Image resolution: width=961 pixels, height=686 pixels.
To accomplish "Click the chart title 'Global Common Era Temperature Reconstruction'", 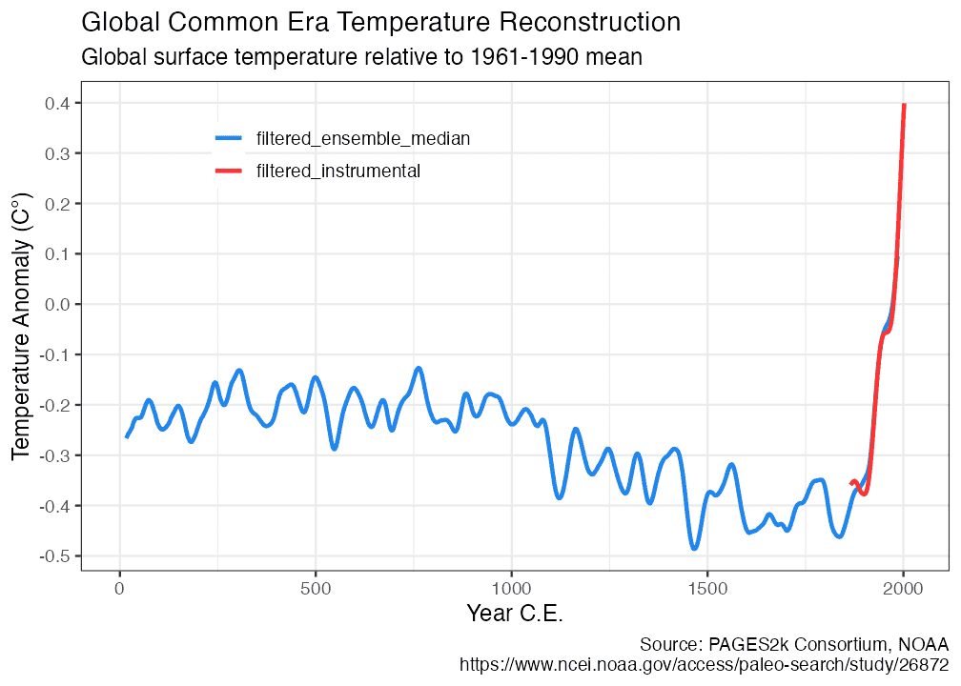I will click(381, 22).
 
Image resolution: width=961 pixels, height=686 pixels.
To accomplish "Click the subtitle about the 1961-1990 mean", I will click(362, 57).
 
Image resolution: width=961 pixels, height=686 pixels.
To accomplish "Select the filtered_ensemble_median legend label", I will click(363, 139).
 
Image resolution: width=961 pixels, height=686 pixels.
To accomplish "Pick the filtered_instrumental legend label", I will click(338, 171).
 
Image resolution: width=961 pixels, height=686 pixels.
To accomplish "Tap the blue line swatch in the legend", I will click(229, 139).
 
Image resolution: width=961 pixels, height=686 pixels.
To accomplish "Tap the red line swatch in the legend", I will click(229, 171).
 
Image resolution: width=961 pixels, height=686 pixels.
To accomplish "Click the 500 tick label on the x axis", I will click(316, 589).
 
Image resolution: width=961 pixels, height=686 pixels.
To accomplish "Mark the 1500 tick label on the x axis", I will click(707, 589).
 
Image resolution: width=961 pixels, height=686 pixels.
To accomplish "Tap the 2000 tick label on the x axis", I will click(903, 589).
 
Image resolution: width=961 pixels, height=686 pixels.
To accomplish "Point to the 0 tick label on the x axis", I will click(120, 589).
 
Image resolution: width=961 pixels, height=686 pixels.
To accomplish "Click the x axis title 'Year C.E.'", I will click(515, 614).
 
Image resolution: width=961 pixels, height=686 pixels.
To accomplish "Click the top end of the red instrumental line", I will click(904, 105).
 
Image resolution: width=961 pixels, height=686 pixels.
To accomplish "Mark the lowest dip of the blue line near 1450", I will click(694, 548).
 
